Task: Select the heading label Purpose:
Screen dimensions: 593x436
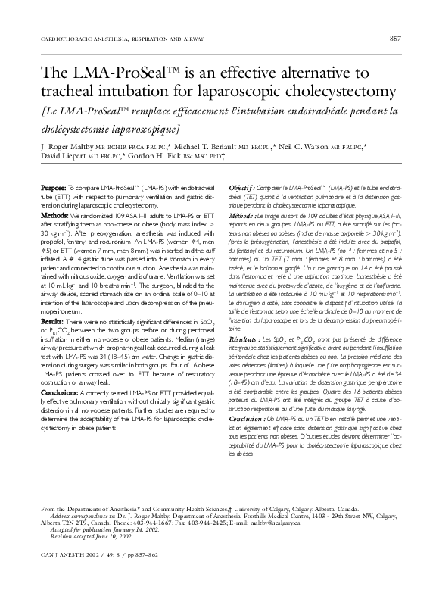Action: pyautogui.click(x=53, y=187)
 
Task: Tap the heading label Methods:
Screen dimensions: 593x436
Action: pyautogui.click(x=54, y=214)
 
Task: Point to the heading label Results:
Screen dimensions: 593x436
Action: pyautogui.click(x=53, y=323)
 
